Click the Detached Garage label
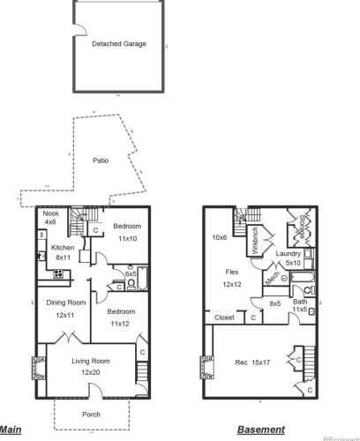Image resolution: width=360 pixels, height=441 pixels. click(x=118, y=43)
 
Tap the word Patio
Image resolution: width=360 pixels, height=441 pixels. click(x=101, y=161)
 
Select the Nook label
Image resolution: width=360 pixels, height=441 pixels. click(x=50, y=214)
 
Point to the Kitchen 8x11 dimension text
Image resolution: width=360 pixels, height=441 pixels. click(x=62, y=258)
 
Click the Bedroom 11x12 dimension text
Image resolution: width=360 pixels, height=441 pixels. click(x=121, y=324)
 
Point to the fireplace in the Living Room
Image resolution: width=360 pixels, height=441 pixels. click(x=39, y=365)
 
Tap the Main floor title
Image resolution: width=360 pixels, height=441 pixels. click(x=11, y=430)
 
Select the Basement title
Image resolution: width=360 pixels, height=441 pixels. click(x=260, y=430)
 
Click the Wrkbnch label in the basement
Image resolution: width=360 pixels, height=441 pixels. click(x=254, y=240)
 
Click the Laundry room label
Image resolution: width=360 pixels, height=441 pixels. click(x=289, y=254)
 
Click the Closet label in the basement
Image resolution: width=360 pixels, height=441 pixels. click(x=224, y=317)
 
